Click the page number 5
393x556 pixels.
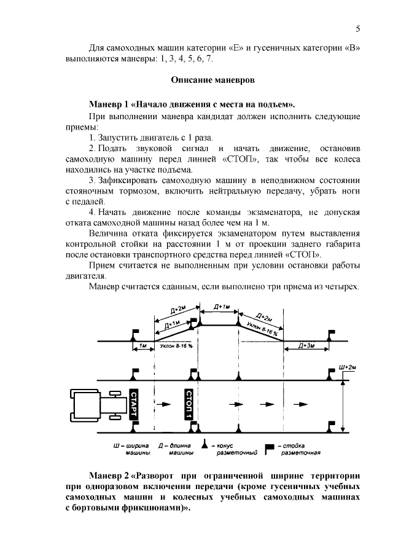coord(358,29)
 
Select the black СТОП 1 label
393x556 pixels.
coord(189,404)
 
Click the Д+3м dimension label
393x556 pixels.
coord(306,346)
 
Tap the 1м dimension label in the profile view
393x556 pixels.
coord(143,346)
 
